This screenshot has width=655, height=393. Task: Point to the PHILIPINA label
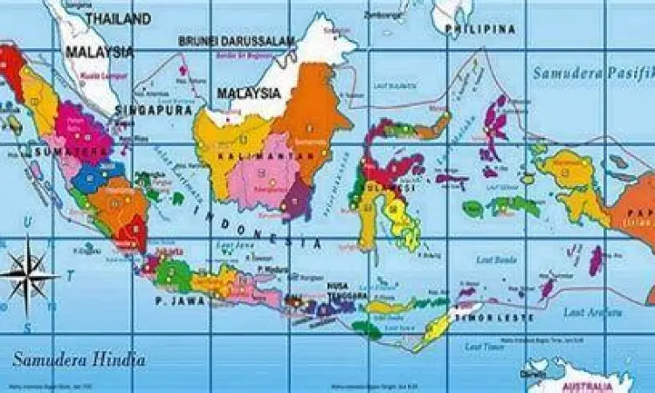[x=479, y=30]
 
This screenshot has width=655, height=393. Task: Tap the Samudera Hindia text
[x=79, y=359]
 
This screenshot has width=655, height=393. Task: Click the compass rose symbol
[x=28, y=276]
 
